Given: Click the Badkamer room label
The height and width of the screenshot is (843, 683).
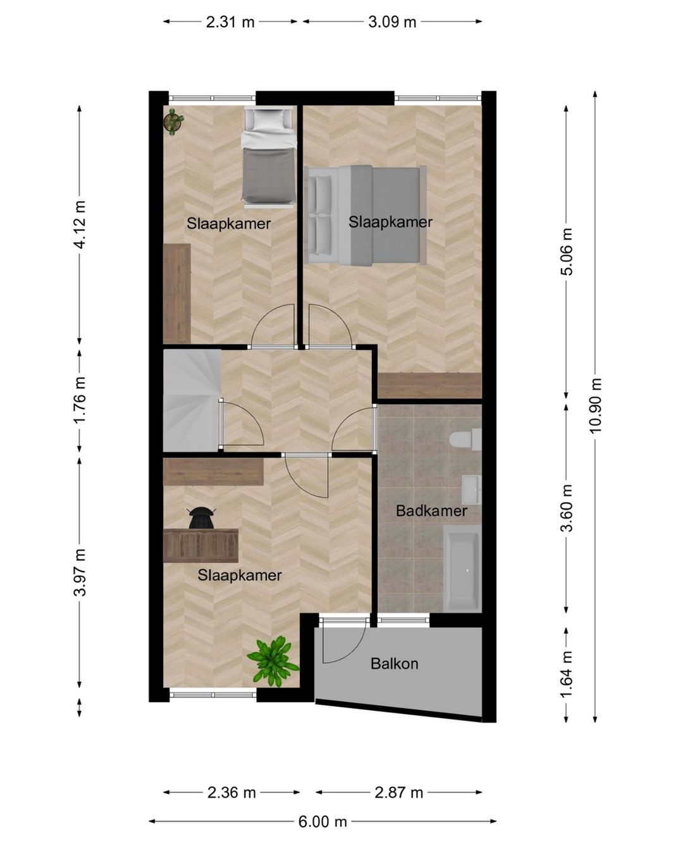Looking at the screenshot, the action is point(431,510).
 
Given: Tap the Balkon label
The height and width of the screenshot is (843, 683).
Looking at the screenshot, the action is point(394,664).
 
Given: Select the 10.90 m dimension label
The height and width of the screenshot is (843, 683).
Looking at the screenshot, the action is point(594,406).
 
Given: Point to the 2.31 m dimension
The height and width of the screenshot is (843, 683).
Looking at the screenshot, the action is point(230,22).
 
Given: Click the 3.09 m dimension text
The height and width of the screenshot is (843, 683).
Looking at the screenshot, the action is point(391,22).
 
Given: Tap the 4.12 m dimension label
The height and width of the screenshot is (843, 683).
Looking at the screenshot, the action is point(80,225).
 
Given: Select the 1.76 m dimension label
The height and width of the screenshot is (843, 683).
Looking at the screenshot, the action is point(80,400).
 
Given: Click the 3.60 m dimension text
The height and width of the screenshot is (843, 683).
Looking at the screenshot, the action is point(567,508).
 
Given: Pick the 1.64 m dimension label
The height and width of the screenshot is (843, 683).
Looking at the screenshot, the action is point(567,675).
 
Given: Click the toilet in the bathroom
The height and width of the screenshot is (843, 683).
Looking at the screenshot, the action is point(465,439).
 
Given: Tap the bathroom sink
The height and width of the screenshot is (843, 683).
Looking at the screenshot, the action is point(472,489).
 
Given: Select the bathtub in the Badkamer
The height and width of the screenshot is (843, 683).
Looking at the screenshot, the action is point(462,569).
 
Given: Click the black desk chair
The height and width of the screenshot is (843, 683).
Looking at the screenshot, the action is point(201,518).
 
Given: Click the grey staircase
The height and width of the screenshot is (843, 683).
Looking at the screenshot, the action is point(192,400).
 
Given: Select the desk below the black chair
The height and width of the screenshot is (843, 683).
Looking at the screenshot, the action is point(200,545).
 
